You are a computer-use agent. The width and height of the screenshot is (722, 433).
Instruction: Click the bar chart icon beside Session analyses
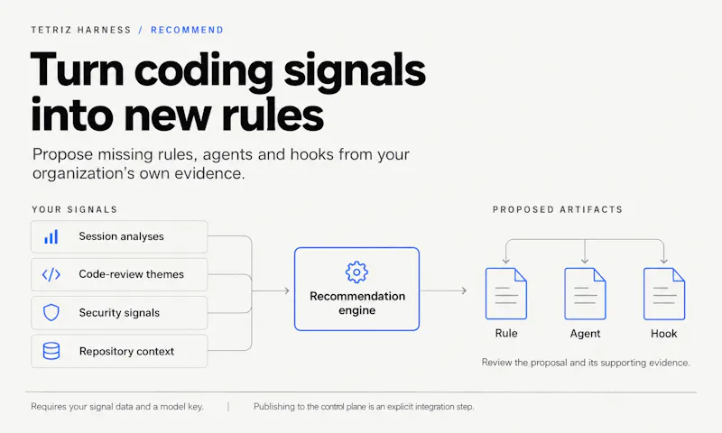(51, 236)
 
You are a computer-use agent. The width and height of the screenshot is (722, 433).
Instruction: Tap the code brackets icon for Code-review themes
(51, 275)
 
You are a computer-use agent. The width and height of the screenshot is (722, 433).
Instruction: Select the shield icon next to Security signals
(51, 312)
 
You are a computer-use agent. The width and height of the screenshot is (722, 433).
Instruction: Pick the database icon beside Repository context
(51, 351)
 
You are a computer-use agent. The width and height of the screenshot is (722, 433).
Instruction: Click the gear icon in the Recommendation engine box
(356, 272)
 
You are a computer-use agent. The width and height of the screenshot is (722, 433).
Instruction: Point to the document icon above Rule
(506, 293)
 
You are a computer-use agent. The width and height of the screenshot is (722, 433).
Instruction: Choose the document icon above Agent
(585, 293)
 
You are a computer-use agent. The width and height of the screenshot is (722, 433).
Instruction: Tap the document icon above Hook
(664, 293)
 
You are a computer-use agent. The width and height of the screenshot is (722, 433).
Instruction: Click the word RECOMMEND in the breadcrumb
(187, 30)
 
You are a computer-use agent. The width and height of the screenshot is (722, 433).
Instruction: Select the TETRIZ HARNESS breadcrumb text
(81, 30)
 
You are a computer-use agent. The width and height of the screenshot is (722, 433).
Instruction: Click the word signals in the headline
(355, 70)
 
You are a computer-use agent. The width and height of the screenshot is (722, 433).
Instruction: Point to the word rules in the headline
(273, 115)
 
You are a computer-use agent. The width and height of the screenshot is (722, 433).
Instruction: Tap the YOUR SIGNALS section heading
(75, 210)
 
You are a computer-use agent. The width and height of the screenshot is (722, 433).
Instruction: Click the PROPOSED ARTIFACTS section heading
(558, 210)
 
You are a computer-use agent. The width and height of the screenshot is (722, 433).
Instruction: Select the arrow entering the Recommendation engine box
(271, 290)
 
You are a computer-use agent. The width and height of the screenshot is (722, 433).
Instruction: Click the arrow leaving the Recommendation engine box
(443, 290)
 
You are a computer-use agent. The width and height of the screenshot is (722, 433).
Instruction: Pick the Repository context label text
(126, 352)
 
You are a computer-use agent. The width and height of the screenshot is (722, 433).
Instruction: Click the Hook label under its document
(664, 334)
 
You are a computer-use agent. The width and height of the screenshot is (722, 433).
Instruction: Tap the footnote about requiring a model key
(117, 407)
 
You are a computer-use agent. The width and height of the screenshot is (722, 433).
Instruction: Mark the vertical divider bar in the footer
(228, 407)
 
